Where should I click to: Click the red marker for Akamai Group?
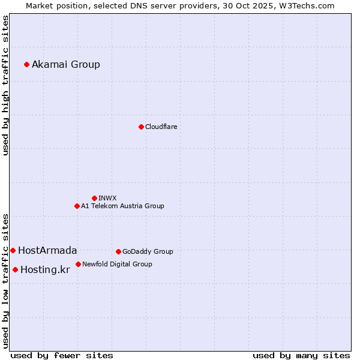pos(26,64)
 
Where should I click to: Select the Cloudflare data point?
pos(141,127)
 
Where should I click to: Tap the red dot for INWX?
pos(94,198)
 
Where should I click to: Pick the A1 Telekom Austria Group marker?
pos(77,206)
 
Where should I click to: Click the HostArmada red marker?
pos(13,250)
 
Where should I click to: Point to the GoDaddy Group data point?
pos(118,251)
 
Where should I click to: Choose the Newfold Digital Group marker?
pos(78,264)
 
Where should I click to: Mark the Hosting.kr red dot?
pos(15,269)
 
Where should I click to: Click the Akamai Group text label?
pos(66,65)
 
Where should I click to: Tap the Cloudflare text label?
pos(161,127)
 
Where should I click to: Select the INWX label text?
pos(107,198)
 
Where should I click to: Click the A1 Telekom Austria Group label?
pos(122,206)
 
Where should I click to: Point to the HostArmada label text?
pos(47,251)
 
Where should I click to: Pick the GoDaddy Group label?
pos(148,251)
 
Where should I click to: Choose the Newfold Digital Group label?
pos(117,264)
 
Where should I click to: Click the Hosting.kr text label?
pos(45,270)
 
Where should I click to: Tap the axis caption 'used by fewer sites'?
pos(62,355)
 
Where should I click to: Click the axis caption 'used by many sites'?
pos(301,355)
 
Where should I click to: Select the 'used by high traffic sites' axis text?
pos(6,85)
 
